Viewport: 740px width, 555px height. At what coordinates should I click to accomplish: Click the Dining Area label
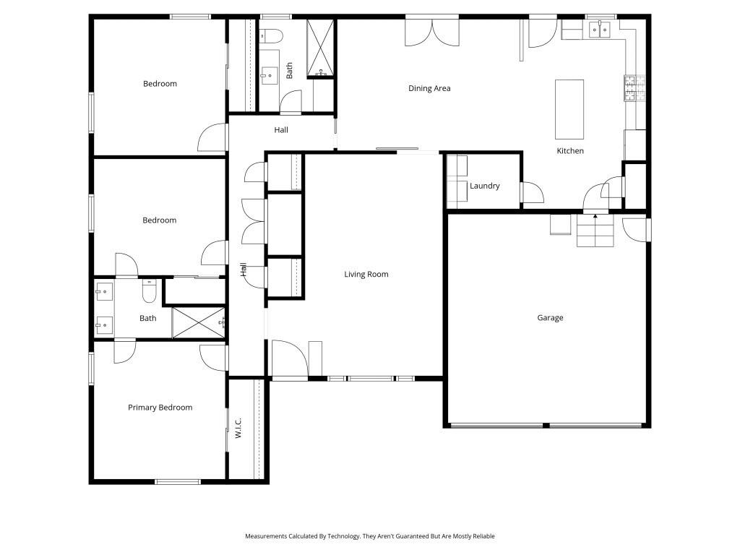coord(429,89)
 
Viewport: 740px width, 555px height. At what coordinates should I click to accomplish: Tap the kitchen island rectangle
coord(569,109)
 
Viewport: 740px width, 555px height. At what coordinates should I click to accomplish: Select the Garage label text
coord(550,318)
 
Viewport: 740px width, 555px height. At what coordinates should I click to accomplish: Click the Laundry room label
coord(484,186)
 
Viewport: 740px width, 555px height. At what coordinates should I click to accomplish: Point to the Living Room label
coord(366,275)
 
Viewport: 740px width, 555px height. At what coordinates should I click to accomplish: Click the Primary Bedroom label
coord(160,408)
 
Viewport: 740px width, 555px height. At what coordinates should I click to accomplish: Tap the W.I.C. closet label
coord(238,428)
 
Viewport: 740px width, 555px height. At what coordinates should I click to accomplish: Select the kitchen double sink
coord(600,29)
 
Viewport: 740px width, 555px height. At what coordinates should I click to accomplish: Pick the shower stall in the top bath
coord(320,48)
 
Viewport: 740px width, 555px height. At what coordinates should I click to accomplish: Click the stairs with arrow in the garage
coord(595,231)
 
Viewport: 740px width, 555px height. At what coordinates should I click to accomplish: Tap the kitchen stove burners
coord(629,87)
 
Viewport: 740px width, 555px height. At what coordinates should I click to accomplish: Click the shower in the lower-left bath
coord(198,322)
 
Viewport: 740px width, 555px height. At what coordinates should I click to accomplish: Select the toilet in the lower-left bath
coord(149,291)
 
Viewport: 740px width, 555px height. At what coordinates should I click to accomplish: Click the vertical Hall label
coord(244,270)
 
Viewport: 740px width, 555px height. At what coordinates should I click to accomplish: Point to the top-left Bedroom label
coord(160,84)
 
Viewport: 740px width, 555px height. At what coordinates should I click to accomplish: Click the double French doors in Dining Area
coord(431,30)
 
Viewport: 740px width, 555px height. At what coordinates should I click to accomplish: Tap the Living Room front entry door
coord(288,358)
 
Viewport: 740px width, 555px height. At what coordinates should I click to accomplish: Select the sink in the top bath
coord(270,74)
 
